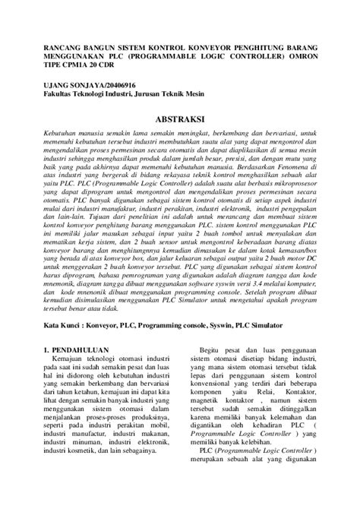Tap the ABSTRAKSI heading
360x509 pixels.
pyautogui.click(x=180, y=121)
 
